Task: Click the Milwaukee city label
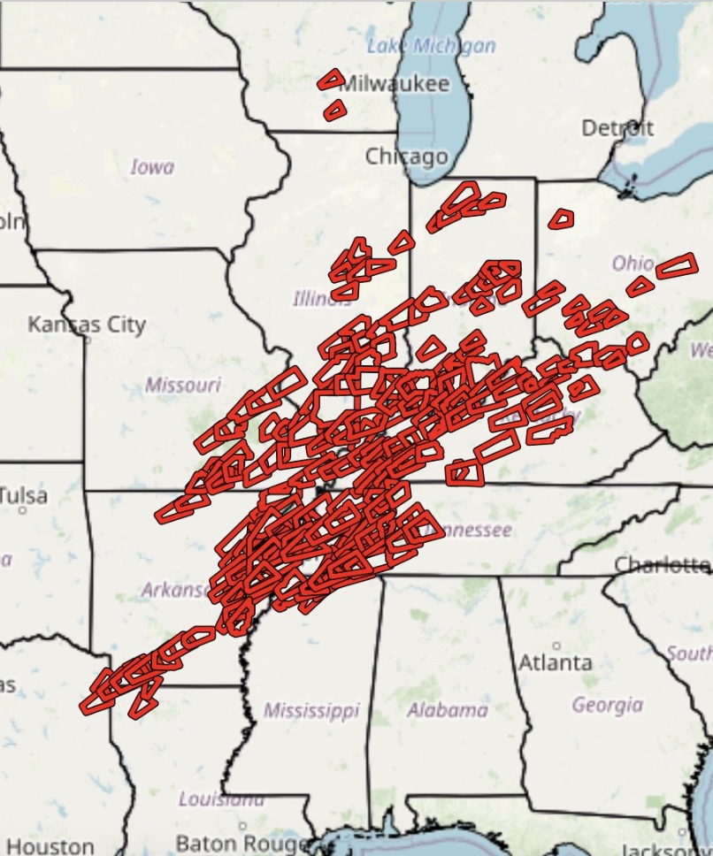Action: (395, 84)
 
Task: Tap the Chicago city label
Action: (407, 157)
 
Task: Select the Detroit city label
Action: (617, 128)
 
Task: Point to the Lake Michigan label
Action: (431, 46)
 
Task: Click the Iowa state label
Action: (152, 166)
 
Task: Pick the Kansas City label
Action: (86, 325)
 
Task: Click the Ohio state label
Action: (633, 264)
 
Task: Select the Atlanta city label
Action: (556, 661)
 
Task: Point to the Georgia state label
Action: (607, 705)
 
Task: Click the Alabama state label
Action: (447, 709)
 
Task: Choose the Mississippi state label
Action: (311, 710)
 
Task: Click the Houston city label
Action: (50, 846)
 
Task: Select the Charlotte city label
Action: (663, 564)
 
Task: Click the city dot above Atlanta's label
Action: (556, 645)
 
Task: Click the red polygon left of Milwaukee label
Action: (331, 80)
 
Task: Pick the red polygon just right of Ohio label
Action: (677, 264)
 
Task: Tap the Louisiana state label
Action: (221, 799)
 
